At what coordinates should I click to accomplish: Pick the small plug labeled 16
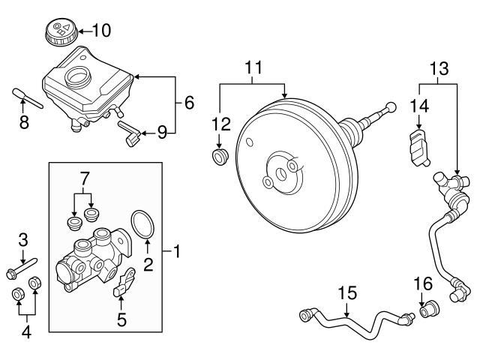pyautogui.click(x=430, y=309)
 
